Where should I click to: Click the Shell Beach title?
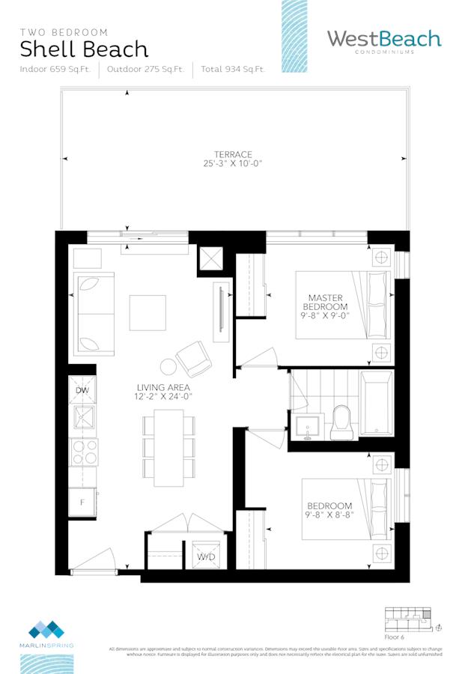pyautogui.click(x=84, y=50)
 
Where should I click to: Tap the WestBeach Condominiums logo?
pyautogui.click(x=384, y=41)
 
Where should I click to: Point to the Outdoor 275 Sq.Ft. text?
pyautogui.click(x=145, y=70)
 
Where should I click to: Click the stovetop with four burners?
pyautogui.click(x=82, y=452)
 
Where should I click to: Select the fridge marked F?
pyautogui.click(x=82, y=502)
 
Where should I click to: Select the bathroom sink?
pyautogui.click(x=307, y=427)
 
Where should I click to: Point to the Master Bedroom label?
pyautogui.click(x=325, y=302)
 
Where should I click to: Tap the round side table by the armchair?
pyautogui.click(x=168, y=367)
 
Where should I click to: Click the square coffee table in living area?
pyautogui.click(x=148, y=312)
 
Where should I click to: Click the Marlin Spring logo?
pyautogui.click(x=46, y=633)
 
